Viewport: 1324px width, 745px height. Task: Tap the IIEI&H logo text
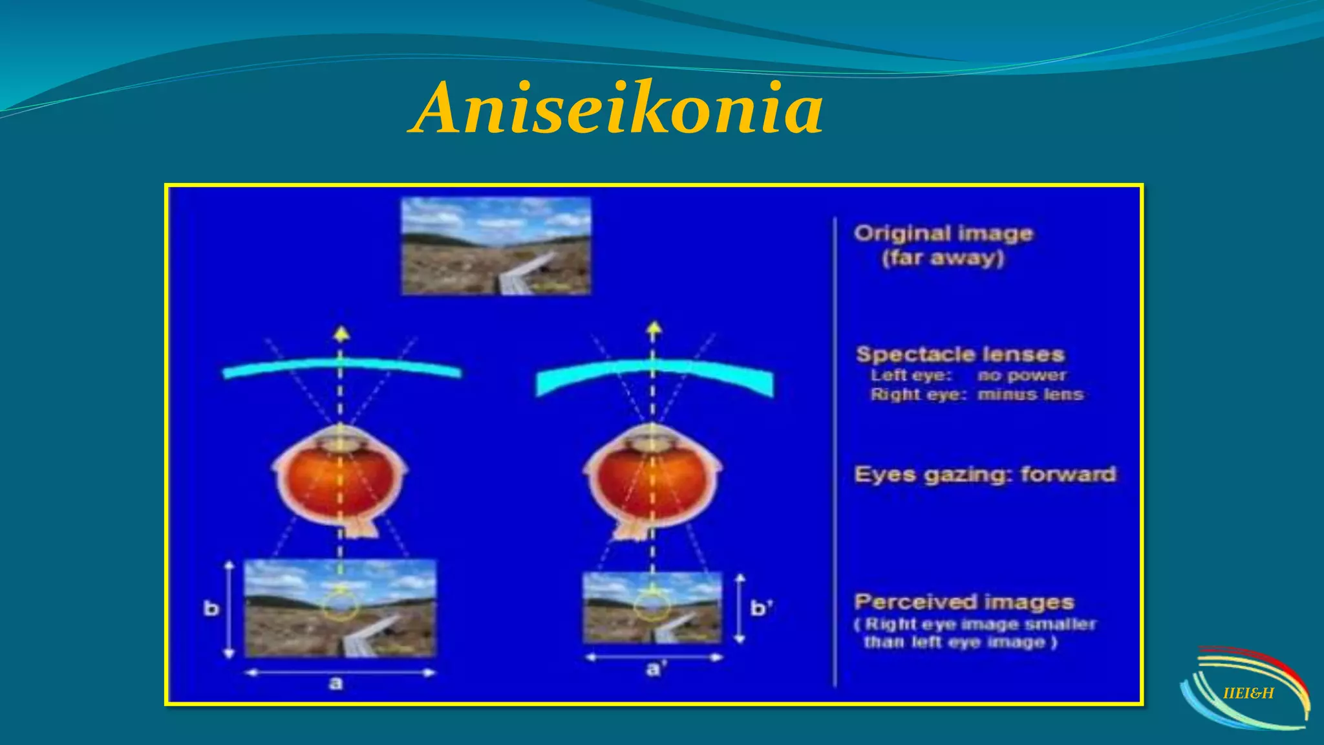1248,693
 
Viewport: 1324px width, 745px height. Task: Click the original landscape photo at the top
496,246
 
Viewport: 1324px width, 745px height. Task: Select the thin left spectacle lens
341,368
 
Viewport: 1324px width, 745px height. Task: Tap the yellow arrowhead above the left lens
341,334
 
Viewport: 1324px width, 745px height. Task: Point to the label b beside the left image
211,609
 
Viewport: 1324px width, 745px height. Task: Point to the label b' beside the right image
761,608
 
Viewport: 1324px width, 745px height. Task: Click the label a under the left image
336,684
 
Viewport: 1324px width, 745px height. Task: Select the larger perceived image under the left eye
340,608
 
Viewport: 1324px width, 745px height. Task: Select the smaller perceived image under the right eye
652,608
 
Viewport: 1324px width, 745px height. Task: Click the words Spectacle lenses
960,354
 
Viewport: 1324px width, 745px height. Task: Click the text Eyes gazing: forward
985,475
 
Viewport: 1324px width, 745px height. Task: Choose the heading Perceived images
964,602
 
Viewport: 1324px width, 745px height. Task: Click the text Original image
943,233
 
